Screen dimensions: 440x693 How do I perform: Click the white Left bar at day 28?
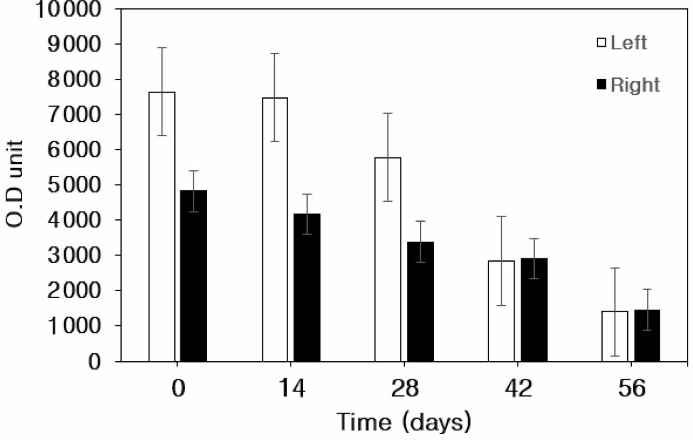coord(388,259)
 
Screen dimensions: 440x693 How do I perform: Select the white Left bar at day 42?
coord(502,311)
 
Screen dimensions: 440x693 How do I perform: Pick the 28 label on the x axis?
coord(404,389)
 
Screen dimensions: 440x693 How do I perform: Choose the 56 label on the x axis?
coord(631,389)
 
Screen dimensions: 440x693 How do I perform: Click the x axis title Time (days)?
coord(404,421)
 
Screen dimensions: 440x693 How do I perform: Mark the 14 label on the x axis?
coord(291,389)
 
